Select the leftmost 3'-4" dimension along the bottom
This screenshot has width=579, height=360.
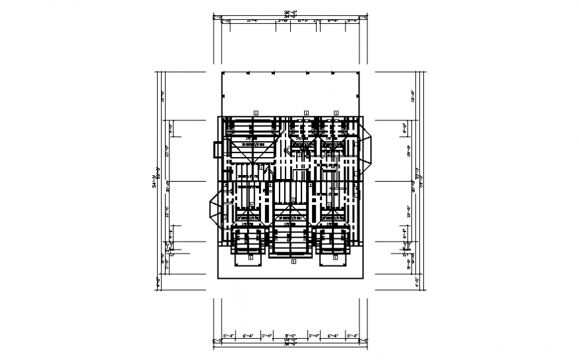pyautogui.click(x=229, y=335)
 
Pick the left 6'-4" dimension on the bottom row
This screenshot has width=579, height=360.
pyautogui.click(x=249, y=335)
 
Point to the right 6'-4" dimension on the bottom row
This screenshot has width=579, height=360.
pyautogui.click(x=331, y=335)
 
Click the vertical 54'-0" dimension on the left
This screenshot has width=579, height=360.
pyautogui.click(x=154, y=180)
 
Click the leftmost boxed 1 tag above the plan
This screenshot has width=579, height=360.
pyautogui.click(x=256, y=112)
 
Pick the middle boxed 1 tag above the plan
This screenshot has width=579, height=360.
pyautogui.click(x=306, y=112)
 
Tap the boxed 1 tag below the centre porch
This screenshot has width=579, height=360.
pyautogui.click(x=290, y=262)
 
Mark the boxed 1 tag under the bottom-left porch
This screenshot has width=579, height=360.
pyautogui.click(x=250, y=256)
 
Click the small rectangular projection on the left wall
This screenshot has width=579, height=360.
pyautogui.click(x=216, y=149)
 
